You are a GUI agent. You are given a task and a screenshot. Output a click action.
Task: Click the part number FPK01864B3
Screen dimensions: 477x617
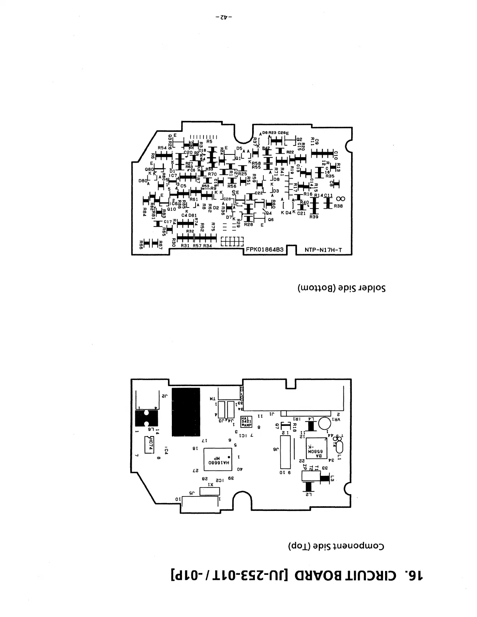point(264,250)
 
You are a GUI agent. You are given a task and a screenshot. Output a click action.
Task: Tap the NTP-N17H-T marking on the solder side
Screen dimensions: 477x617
point(323,250)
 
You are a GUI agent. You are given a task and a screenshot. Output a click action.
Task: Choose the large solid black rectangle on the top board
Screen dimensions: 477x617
point(185,412)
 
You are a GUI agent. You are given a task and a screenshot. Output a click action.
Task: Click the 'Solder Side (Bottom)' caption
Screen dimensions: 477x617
point(341,289)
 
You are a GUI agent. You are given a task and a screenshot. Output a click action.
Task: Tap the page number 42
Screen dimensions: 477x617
point(224,18)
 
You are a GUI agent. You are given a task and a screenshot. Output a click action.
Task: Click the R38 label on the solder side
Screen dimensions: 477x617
point(338,206)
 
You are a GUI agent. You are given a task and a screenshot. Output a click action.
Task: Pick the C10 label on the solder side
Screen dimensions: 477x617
point(336,155)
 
